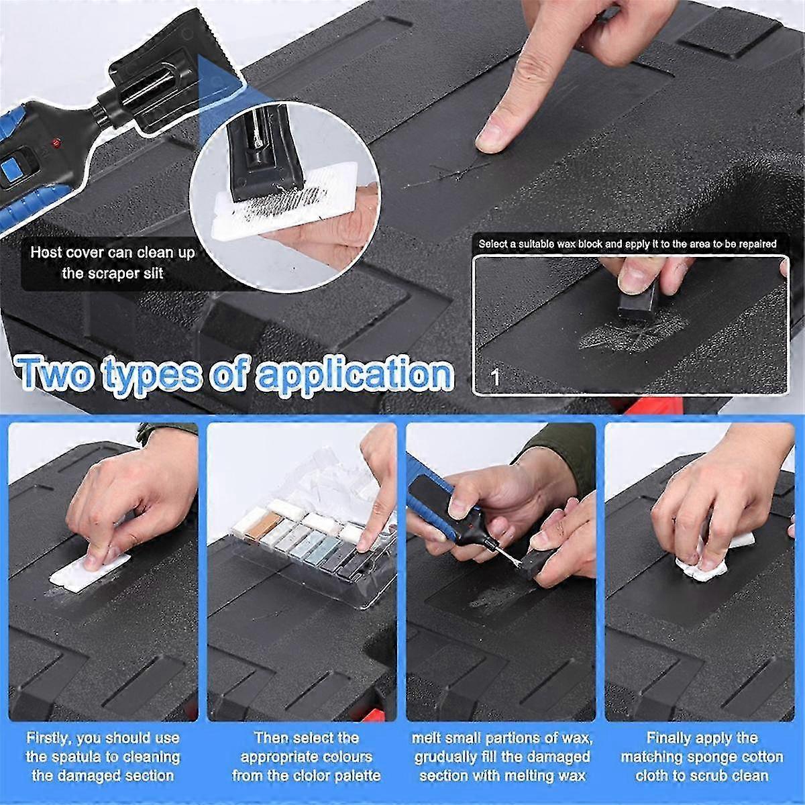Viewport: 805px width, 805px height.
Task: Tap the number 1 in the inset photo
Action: tap(496, 378)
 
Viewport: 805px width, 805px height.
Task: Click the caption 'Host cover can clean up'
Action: tap(112, 253)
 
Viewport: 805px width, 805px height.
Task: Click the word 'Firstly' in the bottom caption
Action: tap(49, 738)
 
